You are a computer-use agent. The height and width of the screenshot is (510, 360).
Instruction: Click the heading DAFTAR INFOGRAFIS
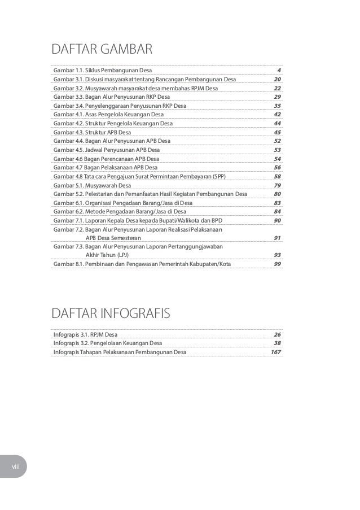point(110,313)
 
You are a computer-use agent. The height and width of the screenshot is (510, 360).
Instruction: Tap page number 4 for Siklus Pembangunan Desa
point(279,70)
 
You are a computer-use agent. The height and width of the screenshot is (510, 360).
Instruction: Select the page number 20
point(277,79)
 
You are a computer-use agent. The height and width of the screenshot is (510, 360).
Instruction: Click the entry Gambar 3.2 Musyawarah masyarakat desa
point(135,88)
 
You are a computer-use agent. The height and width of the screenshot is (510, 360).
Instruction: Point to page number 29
point(277,97)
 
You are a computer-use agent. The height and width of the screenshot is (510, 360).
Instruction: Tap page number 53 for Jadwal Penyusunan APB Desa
point(277,150)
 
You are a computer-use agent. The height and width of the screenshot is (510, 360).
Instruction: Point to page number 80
point(277,194)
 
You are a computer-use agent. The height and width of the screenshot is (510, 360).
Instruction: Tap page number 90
point(277,220)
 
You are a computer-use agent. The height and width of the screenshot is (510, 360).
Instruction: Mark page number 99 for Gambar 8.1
point(277,264)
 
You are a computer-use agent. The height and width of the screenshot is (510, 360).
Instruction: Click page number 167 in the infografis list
point(276,352)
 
